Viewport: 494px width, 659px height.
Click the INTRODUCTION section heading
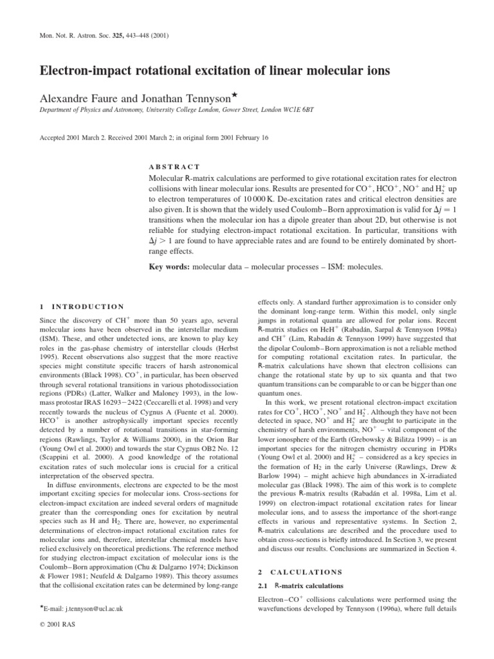pyautogui.click(x=87, y=306)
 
